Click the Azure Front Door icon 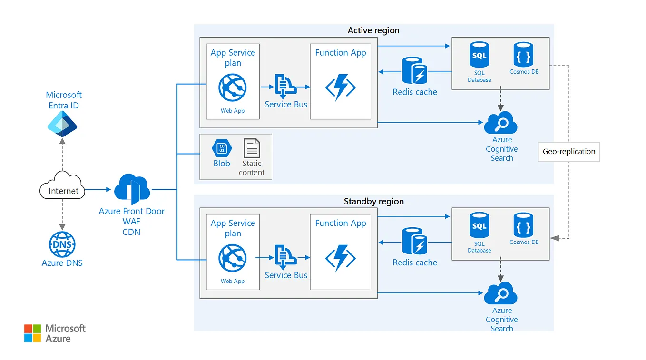(x=132, y=189)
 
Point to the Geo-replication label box (x=568, y=152)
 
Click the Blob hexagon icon (x=222, y=148)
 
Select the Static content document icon (x=252, y=148)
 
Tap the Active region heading (x=373, y=30)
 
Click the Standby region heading (x=373, y=201)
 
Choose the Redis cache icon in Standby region (x=414, y=242)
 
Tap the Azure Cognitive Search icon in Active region (x=500, y=123)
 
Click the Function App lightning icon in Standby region (x=341, y=258)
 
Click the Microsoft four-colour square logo (x=33, y=333)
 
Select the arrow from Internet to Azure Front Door (x=98, y=189)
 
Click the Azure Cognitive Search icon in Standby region (x=500, y=293)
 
